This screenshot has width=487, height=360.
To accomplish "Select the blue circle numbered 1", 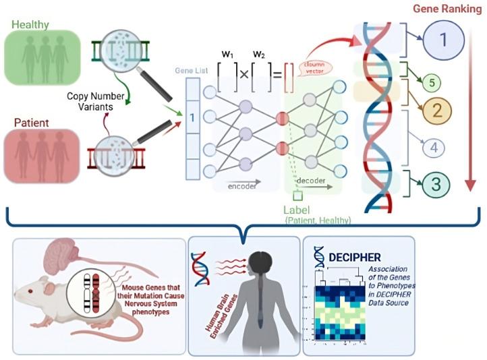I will point(442,40).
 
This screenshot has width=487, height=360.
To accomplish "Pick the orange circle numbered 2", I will point(436,111).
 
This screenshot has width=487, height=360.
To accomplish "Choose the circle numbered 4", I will point(434,146).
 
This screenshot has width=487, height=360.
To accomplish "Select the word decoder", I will point(312,181).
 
